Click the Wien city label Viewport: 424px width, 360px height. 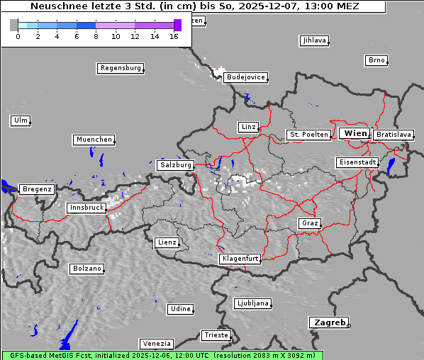point(355,133)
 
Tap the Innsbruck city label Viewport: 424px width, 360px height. point(87,208)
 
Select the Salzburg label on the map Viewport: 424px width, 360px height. point(175,164)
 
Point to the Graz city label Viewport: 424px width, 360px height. point(309,223)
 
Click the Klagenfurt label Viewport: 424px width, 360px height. point(240,259)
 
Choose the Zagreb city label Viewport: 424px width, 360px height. point(328,322)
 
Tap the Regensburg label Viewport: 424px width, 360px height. point(120,68)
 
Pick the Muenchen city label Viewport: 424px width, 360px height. point(94,140)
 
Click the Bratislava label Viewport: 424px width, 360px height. point(394,134)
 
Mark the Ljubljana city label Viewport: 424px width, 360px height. point(252,303)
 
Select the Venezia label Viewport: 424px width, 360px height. point(155,343)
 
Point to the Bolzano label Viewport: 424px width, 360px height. point(87,269)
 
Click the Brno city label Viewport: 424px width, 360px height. point(376,60)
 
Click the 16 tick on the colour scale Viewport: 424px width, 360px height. point(174,36)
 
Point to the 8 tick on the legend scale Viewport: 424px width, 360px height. point(96,36)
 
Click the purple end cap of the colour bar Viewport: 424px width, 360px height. point(177,25)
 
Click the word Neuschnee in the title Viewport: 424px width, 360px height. point(55,6)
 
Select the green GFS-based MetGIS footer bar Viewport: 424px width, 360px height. point(162,355)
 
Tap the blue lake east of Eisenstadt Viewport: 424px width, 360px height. point(391,167)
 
